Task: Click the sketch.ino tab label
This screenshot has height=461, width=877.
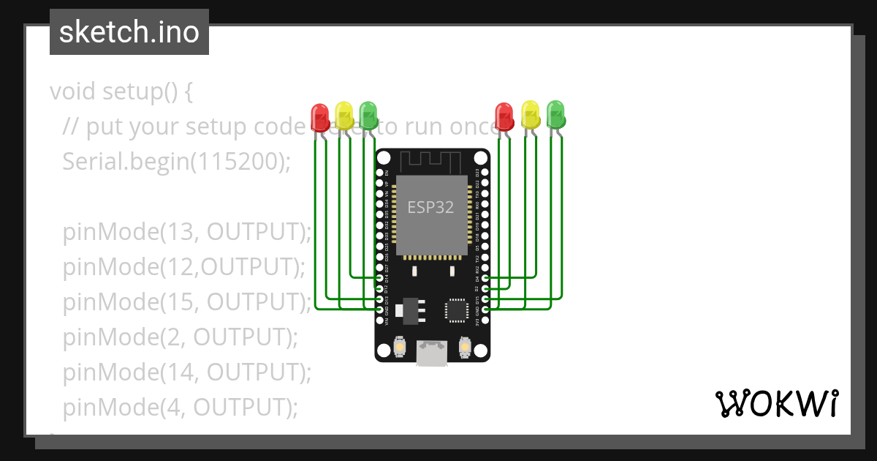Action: [129, 32]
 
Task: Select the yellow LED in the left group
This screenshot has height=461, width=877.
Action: [343, 114]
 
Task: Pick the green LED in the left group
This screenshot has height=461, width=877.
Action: [368, 113]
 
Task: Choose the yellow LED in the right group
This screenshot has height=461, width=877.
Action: [531, 114]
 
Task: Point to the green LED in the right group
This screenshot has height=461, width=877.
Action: [556, 113]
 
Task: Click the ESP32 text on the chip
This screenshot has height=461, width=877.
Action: [430, 207]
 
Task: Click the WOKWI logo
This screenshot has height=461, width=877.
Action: [776, 403]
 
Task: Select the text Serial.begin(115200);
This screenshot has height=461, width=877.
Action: [176, 162]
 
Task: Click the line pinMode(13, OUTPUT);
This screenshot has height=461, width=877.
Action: [187, 232]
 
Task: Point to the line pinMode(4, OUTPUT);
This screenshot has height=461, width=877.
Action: [181, 407]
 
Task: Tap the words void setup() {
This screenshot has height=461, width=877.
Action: [121, 92]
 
